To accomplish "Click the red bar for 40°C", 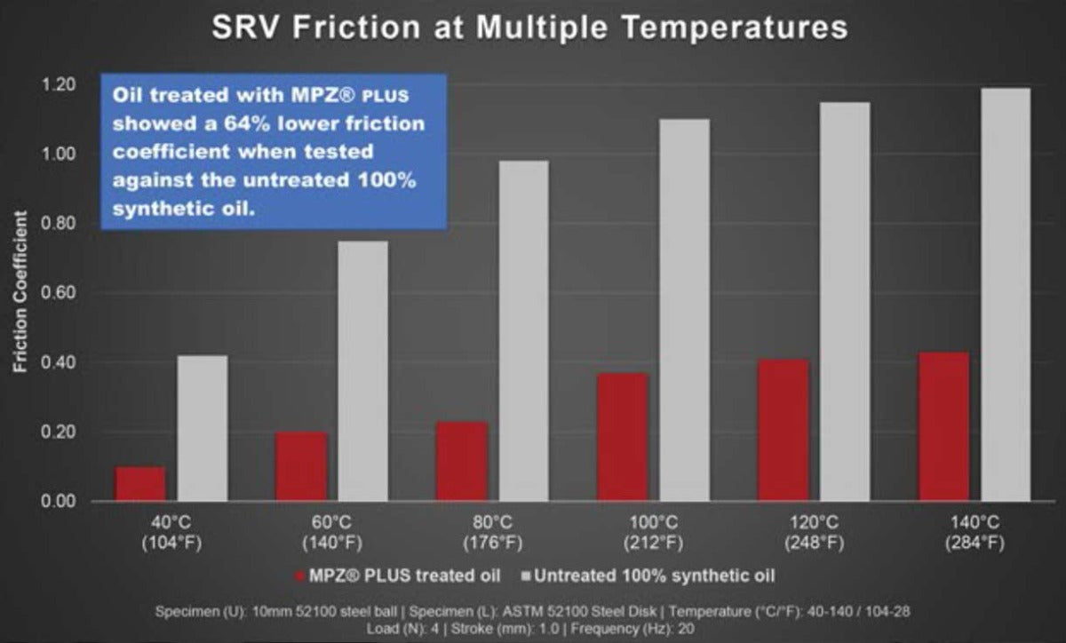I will tap(140, 484).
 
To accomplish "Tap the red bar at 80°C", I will tap(462, 461).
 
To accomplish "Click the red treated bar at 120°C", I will tap(784, 430).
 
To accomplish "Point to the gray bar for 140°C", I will tap(1006, 295).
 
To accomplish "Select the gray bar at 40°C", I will tap(203, 428).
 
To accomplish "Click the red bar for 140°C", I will tap(943, 426).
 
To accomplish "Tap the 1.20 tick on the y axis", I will tap(58, 85).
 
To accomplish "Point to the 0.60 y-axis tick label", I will tap(58, 293).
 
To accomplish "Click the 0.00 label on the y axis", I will tap(58, 502).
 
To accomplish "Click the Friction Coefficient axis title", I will tap(20, 293).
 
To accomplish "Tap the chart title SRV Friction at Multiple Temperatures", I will tap(529, 28).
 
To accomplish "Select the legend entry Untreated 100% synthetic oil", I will tap(653, 576).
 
